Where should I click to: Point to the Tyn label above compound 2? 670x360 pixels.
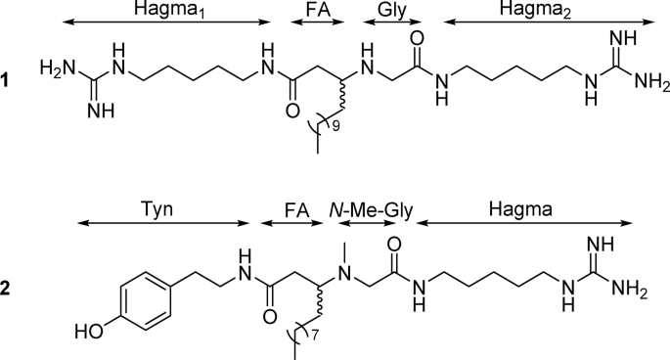tap(164, 210)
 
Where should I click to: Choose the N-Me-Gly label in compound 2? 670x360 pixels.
tap(366, 210)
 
